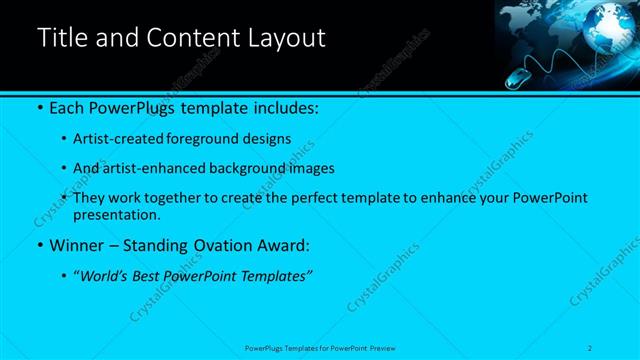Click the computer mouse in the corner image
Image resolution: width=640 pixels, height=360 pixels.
click(x=515, y=78)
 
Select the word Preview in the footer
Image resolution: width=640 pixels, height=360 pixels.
click(x=384, y=347)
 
